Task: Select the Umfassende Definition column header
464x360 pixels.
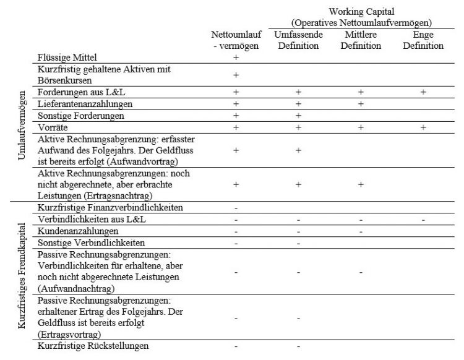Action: click(298, 40)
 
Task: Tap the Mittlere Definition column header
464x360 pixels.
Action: click(360, 40)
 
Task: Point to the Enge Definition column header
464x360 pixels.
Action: click(423, 40)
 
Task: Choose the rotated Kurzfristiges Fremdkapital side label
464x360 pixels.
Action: click(22, 275)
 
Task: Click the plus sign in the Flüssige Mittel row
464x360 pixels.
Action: click(236, 58)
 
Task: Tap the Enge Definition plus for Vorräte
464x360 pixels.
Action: click(423, 127)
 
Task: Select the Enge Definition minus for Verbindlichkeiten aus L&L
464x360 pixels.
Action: click(423, 220)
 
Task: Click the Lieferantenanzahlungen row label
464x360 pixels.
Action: click(85, 104)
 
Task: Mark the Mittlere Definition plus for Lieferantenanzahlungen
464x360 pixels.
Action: click(360, 104)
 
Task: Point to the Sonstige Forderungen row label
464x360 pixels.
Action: click(80, 116)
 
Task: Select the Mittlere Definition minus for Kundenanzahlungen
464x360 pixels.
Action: click(360, 231)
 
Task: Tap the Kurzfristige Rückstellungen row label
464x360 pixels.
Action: click(93, 346)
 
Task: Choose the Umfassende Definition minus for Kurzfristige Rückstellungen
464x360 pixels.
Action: click(298, 346)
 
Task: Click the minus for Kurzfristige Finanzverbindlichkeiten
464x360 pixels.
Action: click(236, 208)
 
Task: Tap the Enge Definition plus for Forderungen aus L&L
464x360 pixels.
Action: click(423, 92)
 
